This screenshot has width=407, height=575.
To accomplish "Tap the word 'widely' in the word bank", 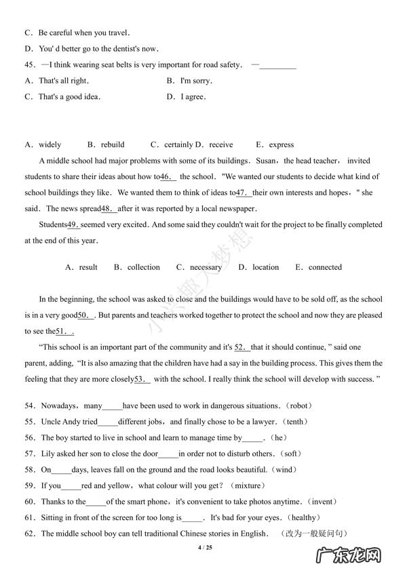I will point(50,144).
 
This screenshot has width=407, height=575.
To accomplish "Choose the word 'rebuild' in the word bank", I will point(113,144).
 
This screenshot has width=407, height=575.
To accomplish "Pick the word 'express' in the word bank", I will point(281,144).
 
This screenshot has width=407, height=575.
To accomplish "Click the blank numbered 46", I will point(168,177).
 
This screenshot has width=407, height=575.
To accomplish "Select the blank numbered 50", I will point(85,315).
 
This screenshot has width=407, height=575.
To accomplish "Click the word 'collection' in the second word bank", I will point(143,267).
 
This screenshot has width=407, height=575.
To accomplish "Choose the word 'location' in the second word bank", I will point(265,267).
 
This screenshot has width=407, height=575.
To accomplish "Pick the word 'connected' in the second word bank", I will point(325,267).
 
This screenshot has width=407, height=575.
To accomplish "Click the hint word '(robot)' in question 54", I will point(298,406).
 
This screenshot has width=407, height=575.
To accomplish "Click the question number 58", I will point(30,470).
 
